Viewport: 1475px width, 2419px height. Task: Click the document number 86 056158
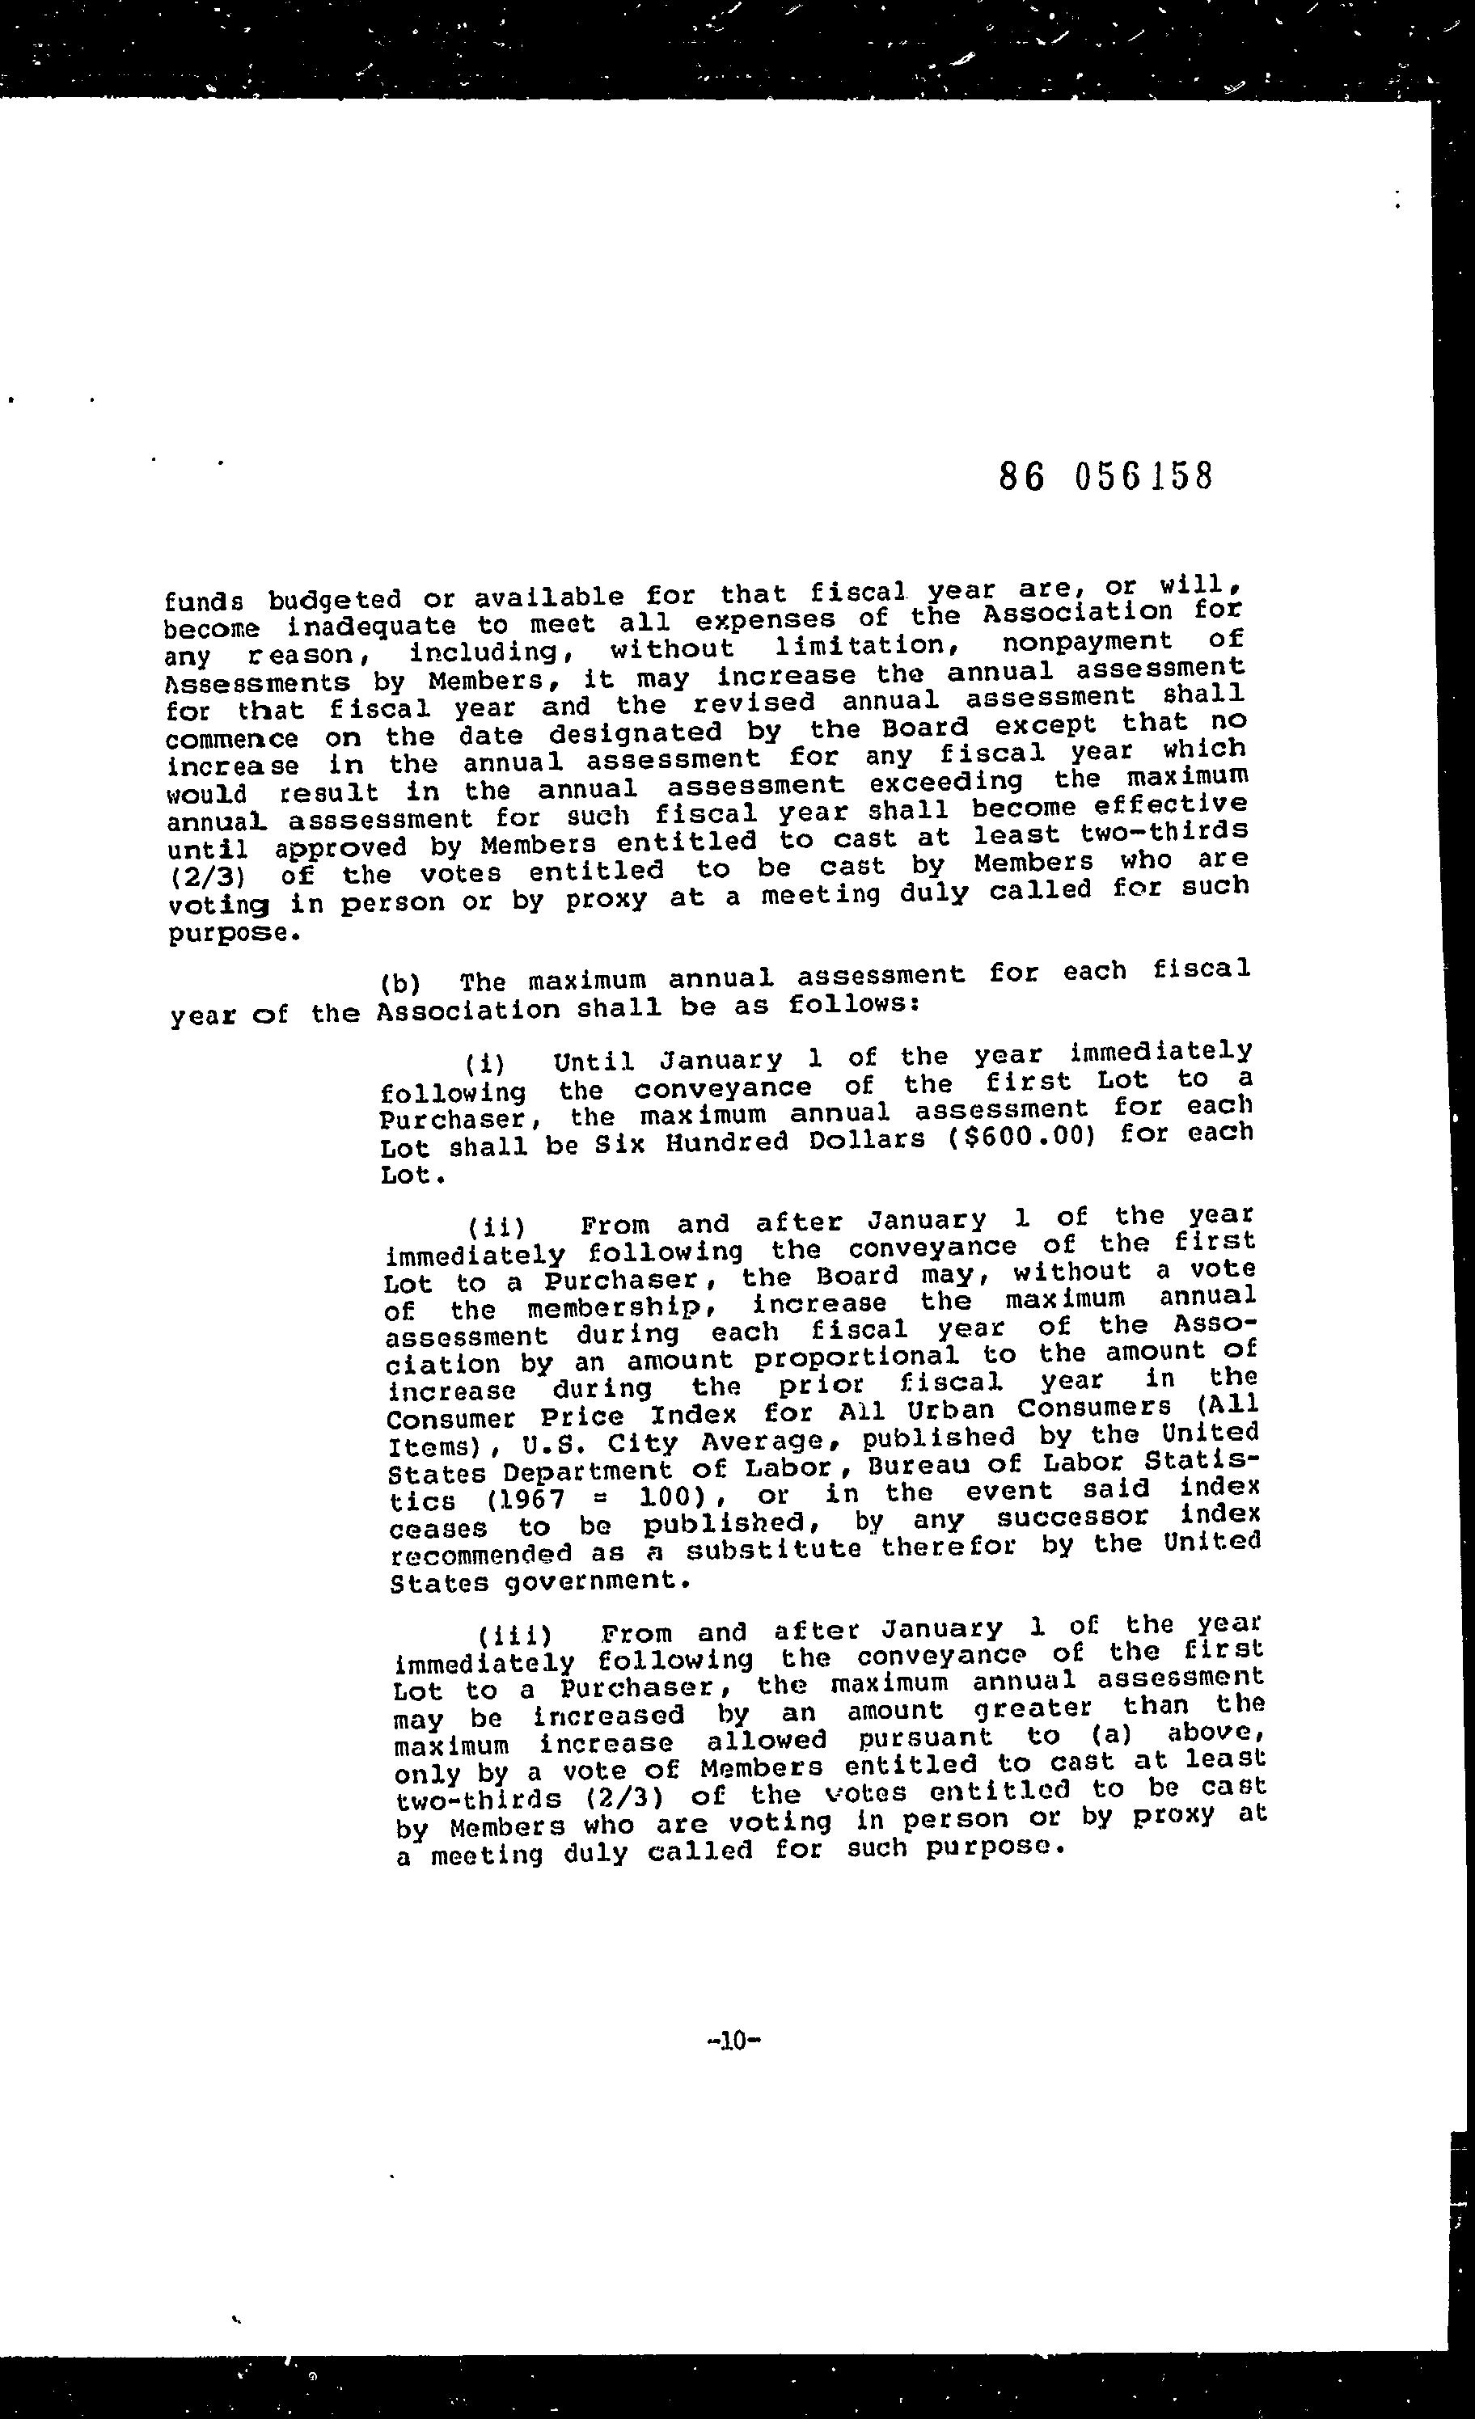click(x=1105, y=476)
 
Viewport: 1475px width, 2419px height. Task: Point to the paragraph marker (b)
click(x=399, y=983)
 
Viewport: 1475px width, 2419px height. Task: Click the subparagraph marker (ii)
click(x=497, y=1226)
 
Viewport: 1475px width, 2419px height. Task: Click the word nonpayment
click(x=1086, y=643)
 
